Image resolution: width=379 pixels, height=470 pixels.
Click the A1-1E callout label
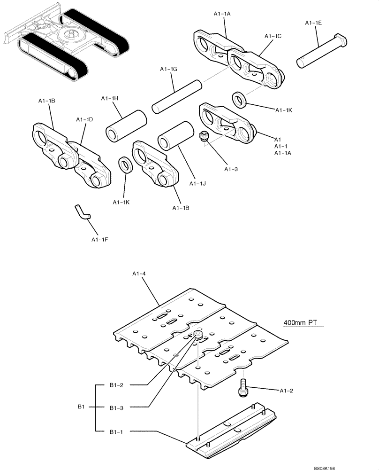(313, 23)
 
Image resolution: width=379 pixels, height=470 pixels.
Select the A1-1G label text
(168, 69)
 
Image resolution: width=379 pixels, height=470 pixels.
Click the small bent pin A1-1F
(82, 212)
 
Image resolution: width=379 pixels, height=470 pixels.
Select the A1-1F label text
(100, 240)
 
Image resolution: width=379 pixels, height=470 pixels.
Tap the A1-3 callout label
(231, 169)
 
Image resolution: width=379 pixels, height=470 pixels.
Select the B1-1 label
(117, 431)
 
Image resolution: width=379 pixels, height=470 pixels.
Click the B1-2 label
(117, 385)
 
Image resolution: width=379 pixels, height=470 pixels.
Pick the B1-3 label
(117, 407)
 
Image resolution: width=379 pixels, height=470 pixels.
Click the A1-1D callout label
(84, 120)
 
